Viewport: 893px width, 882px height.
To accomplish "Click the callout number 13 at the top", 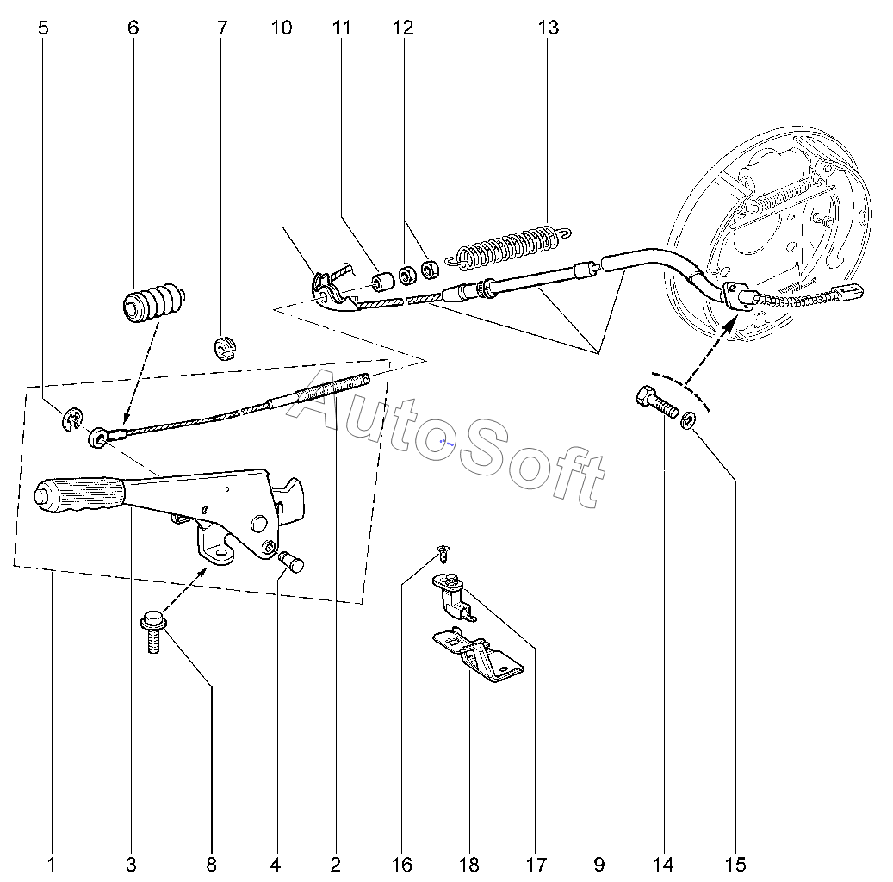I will (x=548, y=28).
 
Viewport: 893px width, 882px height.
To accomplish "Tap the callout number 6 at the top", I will (x=133, y=28).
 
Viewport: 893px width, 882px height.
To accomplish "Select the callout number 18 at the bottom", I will (x=469, y=864).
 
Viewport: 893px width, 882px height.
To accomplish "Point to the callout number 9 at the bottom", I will (x=598, y=864).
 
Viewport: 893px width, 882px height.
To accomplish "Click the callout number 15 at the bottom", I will (x=735, y=864).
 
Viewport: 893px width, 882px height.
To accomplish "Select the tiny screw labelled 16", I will (x=442, y=550).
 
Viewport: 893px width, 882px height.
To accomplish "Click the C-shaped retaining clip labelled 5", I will (x=71, y=419).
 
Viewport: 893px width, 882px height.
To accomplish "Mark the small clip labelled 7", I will (x=224, y=347).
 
